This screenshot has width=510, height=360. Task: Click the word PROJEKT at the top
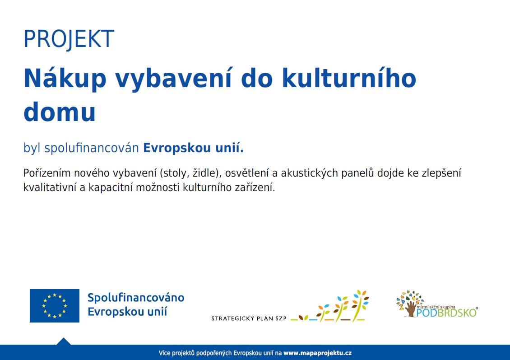pos(69,39)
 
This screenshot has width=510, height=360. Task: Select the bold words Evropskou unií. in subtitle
pos(193,148)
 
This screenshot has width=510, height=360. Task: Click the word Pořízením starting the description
pos(46,173)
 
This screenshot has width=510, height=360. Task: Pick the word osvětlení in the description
pos(247,173)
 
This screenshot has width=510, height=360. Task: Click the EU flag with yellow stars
pos(55,306)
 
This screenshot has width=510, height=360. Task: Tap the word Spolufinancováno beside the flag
pos(136,298)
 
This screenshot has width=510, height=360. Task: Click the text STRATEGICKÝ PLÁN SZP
pos(249,319)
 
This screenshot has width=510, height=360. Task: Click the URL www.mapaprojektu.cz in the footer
pos(317,353)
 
